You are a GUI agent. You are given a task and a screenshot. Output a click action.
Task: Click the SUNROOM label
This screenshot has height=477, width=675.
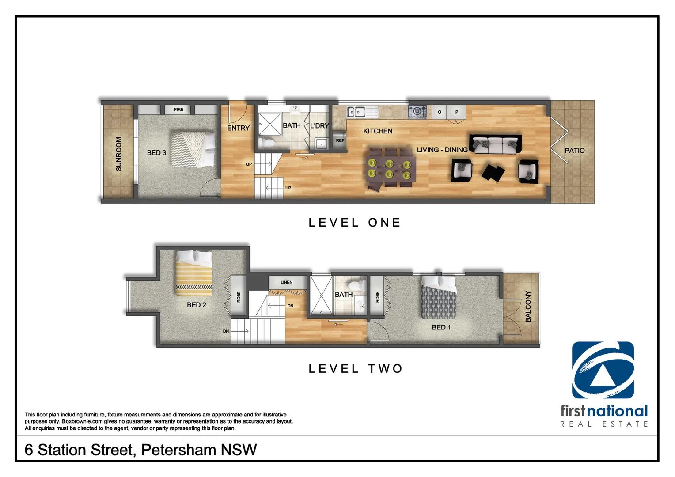tap(118, 154)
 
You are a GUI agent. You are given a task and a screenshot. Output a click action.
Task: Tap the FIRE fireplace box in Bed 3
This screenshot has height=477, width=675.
tap(178, 110)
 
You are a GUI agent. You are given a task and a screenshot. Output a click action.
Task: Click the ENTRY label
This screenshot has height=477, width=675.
tap(238, 128)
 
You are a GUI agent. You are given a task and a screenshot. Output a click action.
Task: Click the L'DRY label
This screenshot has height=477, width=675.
tap(319, 126)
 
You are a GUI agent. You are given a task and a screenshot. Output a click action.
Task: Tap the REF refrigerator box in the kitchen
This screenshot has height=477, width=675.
tap(339, 140)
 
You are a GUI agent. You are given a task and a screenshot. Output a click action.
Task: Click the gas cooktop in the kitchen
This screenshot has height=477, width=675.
tap(417, 111)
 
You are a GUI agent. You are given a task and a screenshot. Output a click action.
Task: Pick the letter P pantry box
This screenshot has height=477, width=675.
tap(457, 112)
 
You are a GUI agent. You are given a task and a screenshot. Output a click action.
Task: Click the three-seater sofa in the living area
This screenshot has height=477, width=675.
tap(495, 144)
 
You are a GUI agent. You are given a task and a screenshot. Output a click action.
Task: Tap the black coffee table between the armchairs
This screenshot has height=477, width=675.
tap(493, 172)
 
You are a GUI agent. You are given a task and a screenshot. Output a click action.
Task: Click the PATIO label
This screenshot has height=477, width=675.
tap(574, 151)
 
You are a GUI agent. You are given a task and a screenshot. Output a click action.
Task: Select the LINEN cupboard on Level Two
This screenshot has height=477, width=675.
tap(287, 282)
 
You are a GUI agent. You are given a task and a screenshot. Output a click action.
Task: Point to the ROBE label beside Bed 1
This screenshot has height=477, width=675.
tap(377, 296)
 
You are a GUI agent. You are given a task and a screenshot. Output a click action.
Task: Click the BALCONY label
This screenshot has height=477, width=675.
tap(528, 306)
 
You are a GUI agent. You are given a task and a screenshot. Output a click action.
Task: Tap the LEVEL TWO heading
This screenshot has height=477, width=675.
tap(356, 369)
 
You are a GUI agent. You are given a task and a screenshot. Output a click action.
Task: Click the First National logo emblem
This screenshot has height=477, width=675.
tap(603, 370)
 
